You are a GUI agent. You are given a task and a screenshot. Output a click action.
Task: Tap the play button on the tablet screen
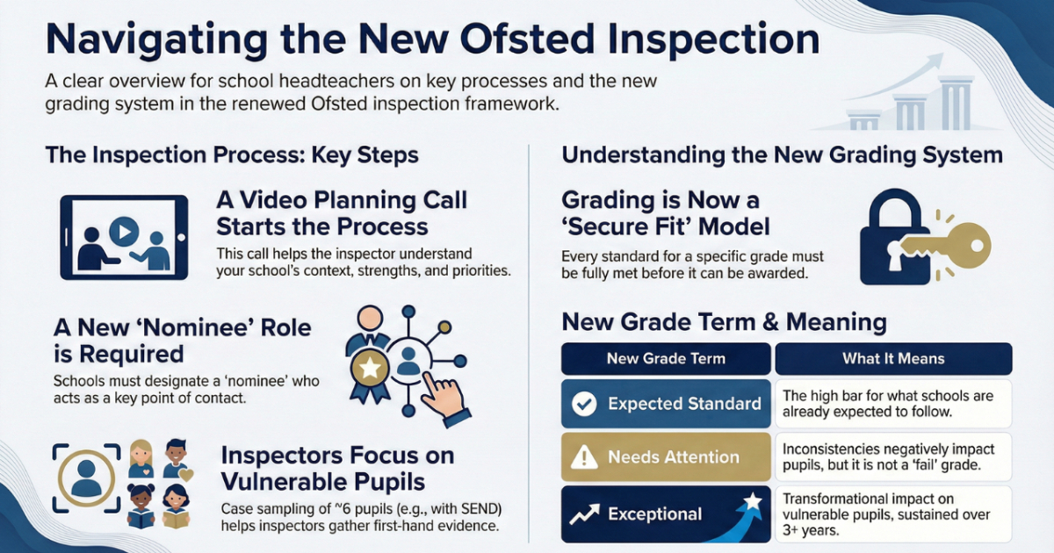124,232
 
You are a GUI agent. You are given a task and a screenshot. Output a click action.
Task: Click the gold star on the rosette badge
371,368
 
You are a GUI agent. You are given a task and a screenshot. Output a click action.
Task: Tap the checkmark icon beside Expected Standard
584,404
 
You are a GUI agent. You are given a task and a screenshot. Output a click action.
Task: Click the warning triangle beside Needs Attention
584,457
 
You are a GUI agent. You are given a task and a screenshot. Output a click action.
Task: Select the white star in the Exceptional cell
753,502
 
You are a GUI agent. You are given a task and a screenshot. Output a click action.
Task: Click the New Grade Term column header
666,358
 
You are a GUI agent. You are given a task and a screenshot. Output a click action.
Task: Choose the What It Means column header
893,358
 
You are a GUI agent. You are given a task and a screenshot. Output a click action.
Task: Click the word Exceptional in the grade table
654,514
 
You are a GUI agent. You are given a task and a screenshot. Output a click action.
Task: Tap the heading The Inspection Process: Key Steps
232,155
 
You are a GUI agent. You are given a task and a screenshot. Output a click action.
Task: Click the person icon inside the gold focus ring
86,478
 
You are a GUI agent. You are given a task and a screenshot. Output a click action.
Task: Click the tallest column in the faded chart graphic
956,104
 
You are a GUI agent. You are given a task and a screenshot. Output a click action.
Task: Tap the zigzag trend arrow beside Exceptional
585,514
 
